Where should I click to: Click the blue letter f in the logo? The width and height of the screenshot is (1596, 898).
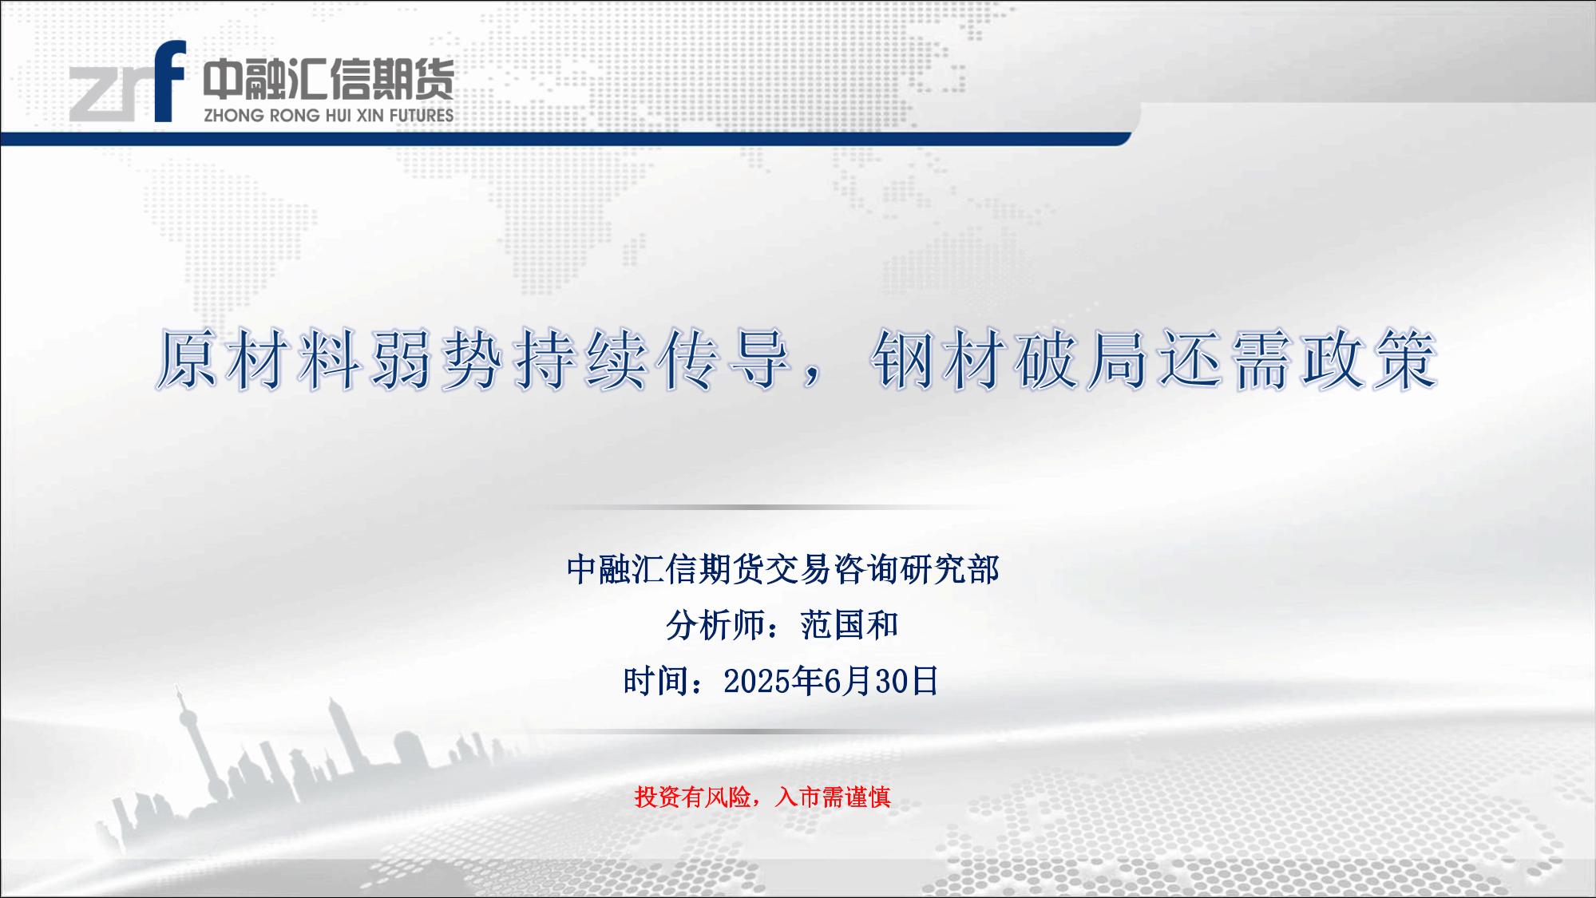click(x=169, y=81)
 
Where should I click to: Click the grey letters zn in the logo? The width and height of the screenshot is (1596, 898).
click(x=110, y=95)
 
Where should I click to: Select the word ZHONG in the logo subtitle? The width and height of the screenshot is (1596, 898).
click(x=233, y=115)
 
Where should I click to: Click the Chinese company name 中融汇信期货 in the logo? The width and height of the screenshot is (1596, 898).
click(x=328, y=79)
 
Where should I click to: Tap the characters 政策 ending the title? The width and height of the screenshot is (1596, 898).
click(x=1370, y=360)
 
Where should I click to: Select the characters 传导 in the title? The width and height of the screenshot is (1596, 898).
click(x=724, y=360)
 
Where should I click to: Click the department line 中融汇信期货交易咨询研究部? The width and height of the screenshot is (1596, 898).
click(x=782, y=570)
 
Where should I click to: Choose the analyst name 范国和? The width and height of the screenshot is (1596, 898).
click(x=849, y=625)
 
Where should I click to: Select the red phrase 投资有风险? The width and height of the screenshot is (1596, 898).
click(x=692, y=796)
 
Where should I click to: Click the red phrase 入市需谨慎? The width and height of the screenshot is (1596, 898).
click(x=832, y=796)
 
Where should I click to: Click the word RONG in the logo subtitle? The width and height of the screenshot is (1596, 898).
click(x=293, y=115)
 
